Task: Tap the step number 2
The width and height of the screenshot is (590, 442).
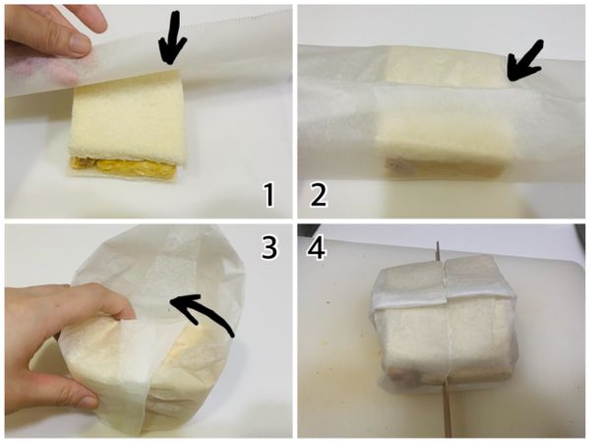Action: click(319, 196)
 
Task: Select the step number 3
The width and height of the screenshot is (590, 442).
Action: click(269, 247)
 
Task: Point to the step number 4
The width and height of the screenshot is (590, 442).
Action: click(317, 248)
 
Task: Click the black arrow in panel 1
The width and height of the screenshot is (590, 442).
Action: click(172, 37)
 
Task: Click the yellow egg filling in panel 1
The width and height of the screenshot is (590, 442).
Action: click(124, 167)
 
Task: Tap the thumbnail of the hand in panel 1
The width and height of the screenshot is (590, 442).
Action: click(80, 42)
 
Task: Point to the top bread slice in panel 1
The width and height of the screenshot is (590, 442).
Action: click(128, 120)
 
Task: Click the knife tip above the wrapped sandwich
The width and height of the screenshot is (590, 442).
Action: click(438, 242)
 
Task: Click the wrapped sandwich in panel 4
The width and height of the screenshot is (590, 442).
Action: click(444, 320)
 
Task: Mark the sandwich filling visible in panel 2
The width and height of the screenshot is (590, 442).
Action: click(444, 168)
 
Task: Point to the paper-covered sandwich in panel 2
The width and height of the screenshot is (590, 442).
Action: click(444, 113)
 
